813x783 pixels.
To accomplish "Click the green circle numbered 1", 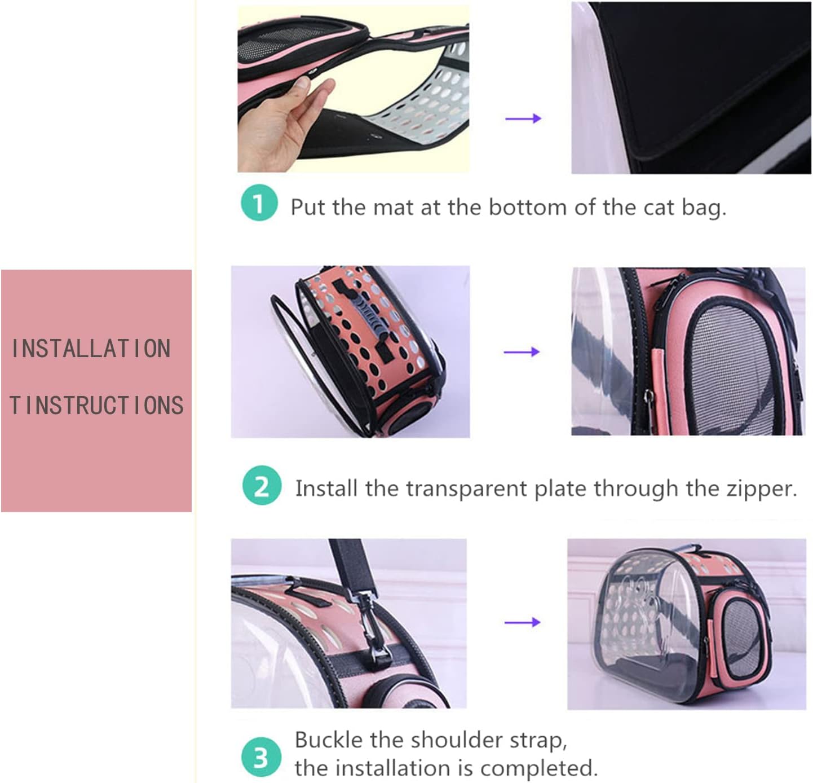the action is pyautogui.click(x=259, y=203).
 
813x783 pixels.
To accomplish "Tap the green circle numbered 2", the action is pyautogui.click(x=262, y=485).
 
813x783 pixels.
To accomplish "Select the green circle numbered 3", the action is pyautogui.click(x=261, y=756).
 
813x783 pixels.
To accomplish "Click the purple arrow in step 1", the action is pyautogui.click(x=523, y=118).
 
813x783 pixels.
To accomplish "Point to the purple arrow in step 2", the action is pyautogui.click(x=522, y=352).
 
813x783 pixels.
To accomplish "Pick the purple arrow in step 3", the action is pyautogui.click(x=523, y=622).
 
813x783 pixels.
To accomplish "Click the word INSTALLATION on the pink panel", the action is pyautogui.click(x=91, y=349).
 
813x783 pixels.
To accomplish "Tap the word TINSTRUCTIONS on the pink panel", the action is pyautogui.click(x=96, y=406).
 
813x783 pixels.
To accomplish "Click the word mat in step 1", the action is pyautogui.click(x=394, y=208).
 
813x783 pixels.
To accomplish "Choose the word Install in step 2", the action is pyautogui.click(x=326, y=489).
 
